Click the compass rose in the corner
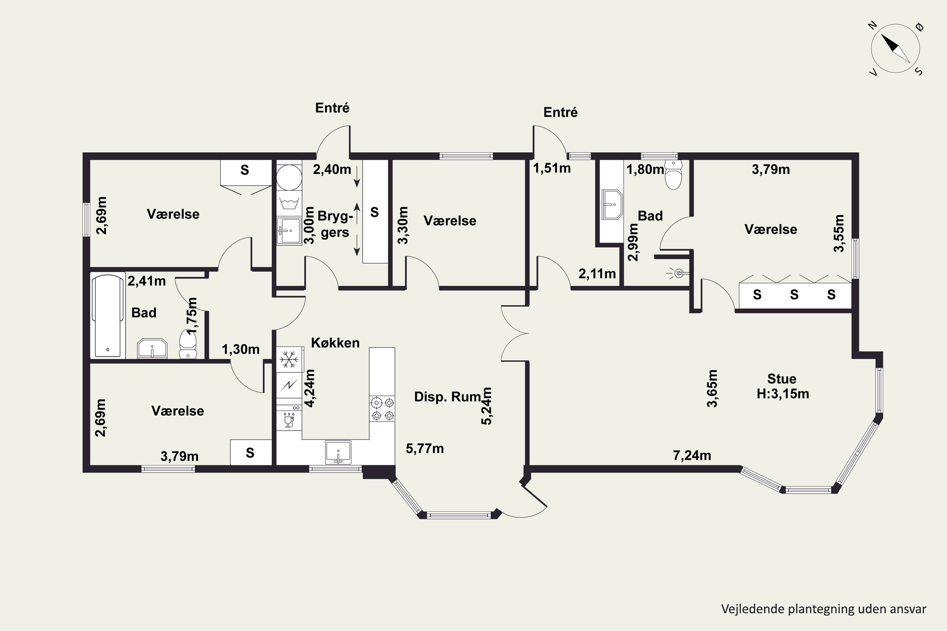click(896, 49)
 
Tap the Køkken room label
click(335, 343)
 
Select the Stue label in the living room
click(782, 379)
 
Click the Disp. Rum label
click(447, 397)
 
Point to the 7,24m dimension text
click(692, 455)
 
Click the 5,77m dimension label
click(425, 448)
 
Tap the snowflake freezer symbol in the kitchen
click(289, 359)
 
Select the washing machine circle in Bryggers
click(289, 177)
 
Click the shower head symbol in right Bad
click(678, 274)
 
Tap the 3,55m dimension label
click(838, 233)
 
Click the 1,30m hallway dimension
click(241, 349)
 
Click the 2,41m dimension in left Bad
click(146, 281)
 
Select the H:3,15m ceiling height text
click(783, 393)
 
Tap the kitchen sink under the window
click(338, 452)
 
